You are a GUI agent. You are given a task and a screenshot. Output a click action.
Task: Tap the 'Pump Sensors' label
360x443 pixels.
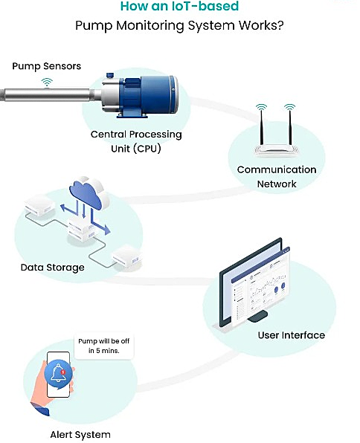[46, 66]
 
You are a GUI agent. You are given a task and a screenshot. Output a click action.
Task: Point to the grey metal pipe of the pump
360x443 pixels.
[45, 97]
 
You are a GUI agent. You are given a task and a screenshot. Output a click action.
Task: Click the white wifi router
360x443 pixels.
[276, 149]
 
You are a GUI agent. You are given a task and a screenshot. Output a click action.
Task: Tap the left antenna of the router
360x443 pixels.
[261, 123]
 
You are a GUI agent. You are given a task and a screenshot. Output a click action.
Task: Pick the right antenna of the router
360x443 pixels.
[289, 123]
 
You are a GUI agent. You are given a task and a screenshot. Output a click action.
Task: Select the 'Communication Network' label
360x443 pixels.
[277, 176]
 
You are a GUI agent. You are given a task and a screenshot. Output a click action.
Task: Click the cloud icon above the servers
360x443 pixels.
[88, 191]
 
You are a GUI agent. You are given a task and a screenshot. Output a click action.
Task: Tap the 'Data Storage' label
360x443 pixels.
[53, 267]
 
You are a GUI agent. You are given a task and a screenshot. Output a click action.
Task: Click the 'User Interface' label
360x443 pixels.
[291, 334]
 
